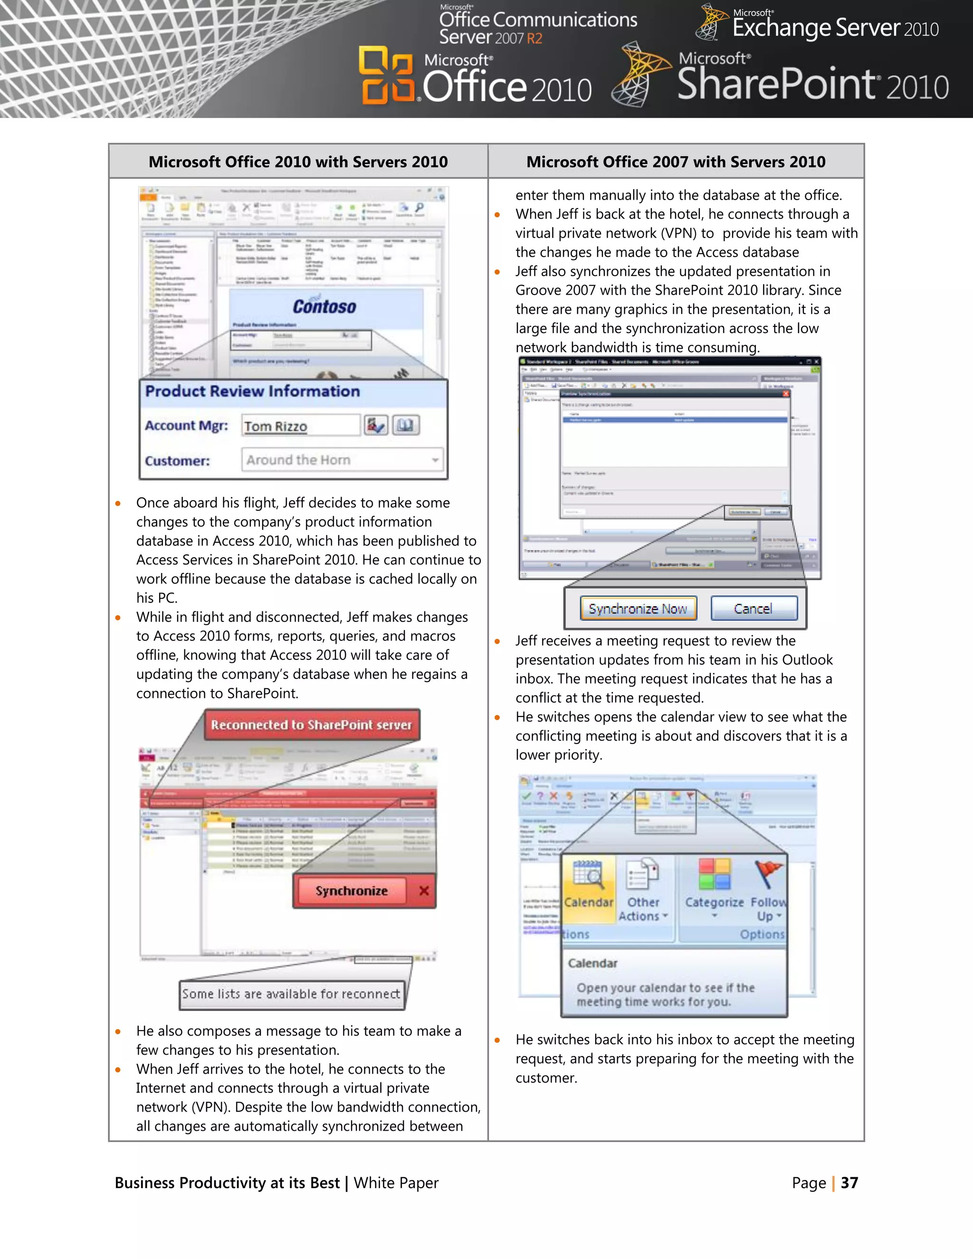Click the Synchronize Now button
638,609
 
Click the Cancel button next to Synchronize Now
754,609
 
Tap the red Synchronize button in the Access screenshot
351,891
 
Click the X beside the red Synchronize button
424,891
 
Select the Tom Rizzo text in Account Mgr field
276,427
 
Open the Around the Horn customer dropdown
435,460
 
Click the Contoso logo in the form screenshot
324,306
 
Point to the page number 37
849,1183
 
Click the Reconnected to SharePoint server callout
311,725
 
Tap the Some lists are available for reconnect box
291,994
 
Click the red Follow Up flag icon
768,874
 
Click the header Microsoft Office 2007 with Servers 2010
676,162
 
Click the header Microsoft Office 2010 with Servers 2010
298,162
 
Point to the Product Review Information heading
252,391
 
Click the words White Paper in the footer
396,1183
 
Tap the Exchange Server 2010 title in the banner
835,28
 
